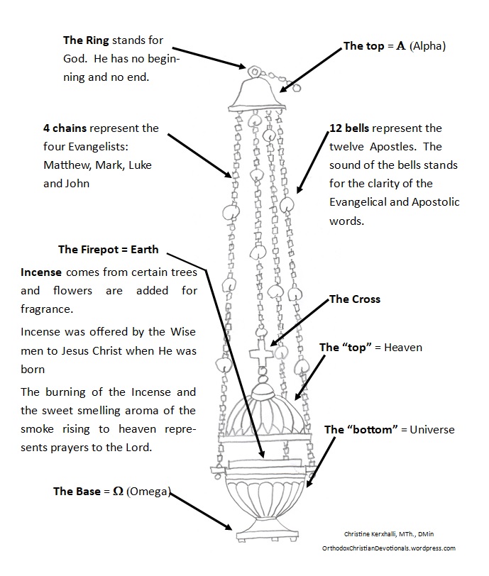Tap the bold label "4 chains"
pyautogui.click(x=66, y=128)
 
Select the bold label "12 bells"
pyautogui.click(x=350, y=128)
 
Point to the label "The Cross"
pyautogui.click(x=355, y=299)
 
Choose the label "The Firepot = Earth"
pyautogui.click(x=108, y=250)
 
